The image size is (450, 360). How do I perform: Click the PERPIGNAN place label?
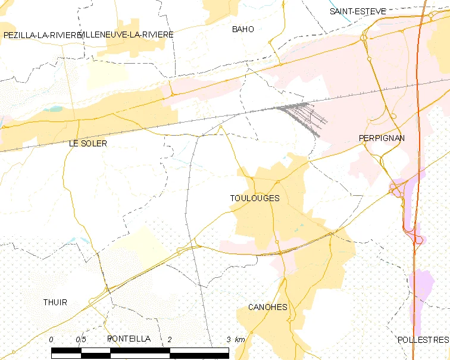[382, 138]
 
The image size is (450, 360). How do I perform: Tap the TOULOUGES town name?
[255, 198]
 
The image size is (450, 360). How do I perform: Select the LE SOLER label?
[87, 143]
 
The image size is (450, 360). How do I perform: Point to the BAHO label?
[243, 29]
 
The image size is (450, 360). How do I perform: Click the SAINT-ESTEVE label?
[358, 11]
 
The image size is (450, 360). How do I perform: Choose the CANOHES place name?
[267, 307]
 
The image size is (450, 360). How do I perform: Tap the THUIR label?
[55, 302]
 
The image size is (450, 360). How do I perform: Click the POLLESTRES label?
[423, 340]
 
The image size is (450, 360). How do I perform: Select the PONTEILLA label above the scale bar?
[129, 339]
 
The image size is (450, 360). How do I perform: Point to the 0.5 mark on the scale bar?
[80, 339]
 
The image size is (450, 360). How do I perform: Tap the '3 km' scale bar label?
[235, 339]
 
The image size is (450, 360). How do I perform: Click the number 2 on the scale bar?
[170, 339]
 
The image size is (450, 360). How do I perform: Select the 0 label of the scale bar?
[51, 339]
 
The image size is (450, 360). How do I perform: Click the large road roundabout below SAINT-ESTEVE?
[363, 38]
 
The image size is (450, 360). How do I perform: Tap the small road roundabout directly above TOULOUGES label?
[277, 181]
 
